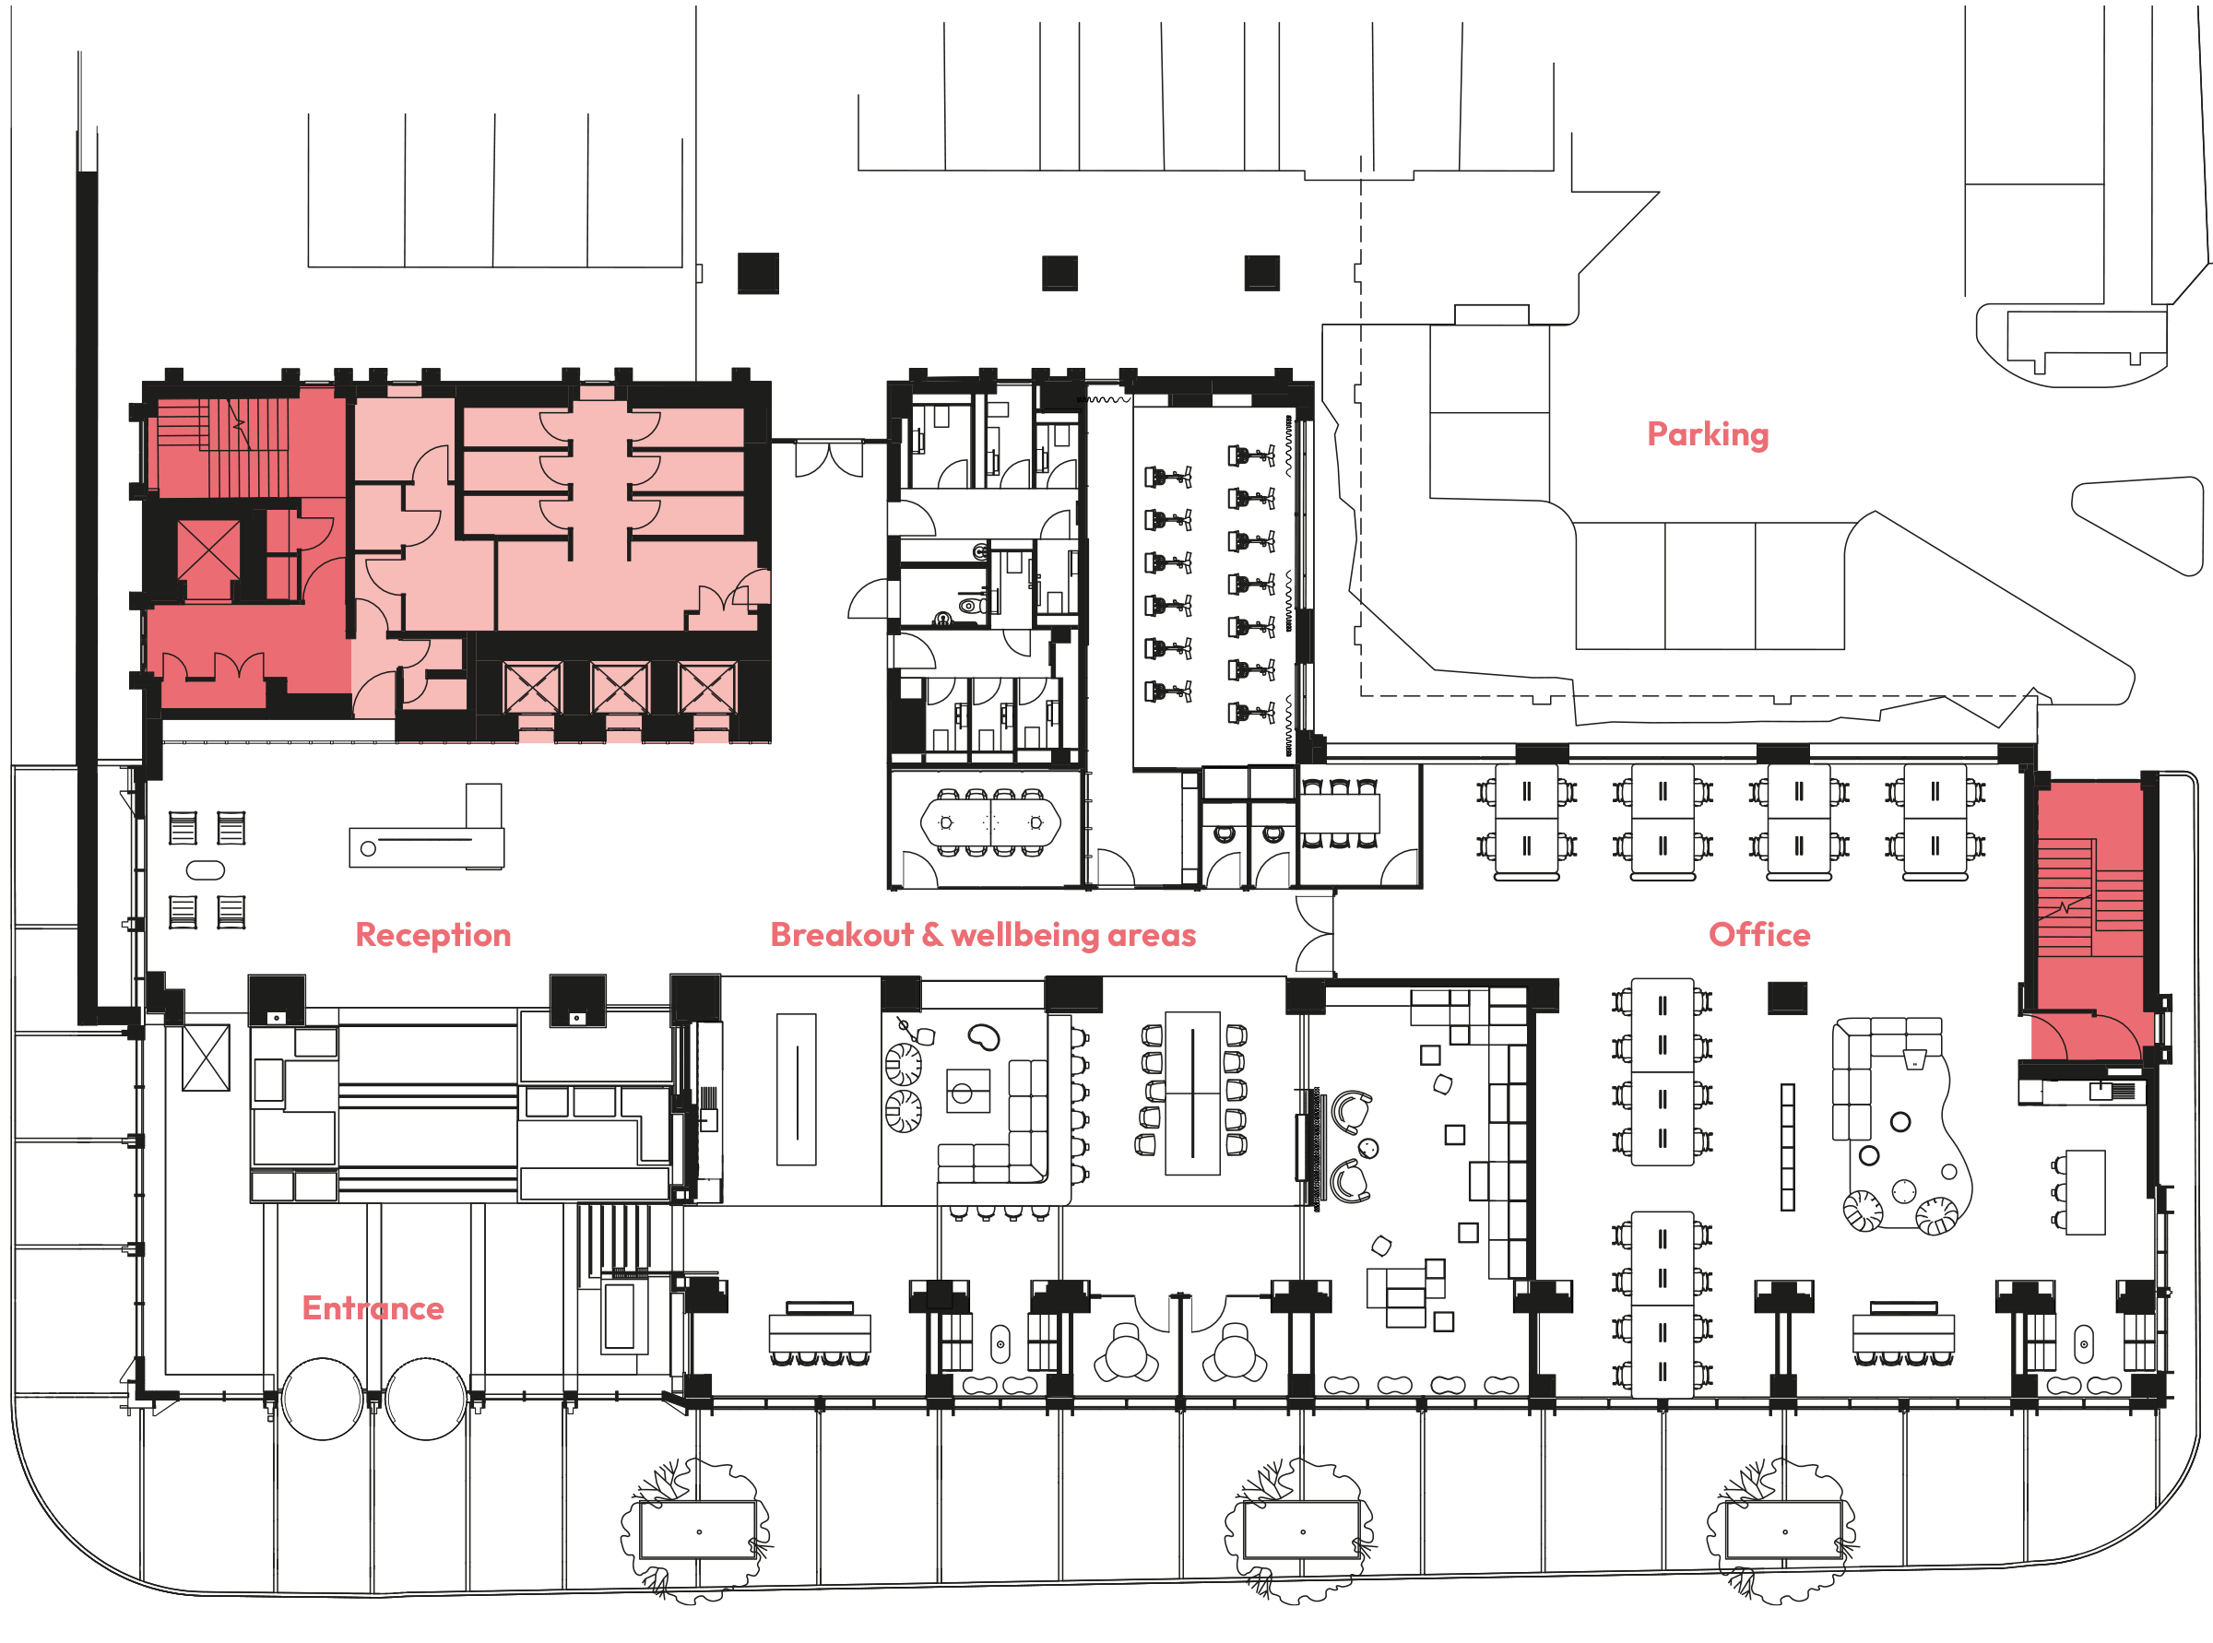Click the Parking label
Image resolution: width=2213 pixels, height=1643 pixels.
pyautogui.click(x=1707, y=434)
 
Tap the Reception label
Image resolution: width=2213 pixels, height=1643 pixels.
pyautogui.click(x=432, y=935)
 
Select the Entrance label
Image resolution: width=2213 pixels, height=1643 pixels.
pyautogui.click(x=372, y=1307)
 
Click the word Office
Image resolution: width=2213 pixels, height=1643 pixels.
pyautogui.click(x=1758, y=935)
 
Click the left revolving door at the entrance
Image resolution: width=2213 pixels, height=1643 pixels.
pyautogui.click(x=321, y=1399)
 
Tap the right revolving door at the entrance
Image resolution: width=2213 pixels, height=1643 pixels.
pyautogui.click(x=426, y=1399)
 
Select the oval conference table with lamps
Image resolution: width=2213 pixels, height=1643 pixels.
pyautogui.click(x=989, y=822)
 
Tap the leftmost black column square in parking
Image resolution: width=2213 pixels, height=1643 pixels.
pyautogui.click(x=758, y=274)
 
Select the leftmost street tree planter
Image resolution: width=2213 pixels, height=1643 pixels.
pyautogui.click(x=697, y=1530)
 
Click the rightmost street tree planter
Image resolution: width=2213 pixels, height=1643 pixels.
pyautogui.click(x=1783, y=1530)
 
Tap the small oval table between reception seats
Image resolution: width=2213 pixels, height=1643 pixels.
pyautogui.click(x=206, y=870)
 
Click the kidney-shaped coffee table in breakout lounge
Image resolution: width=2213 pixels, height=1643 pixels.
pyautogui.click(x=984, y=1037)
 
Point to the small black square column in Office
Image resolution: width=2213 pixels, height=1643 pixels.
pyautogui.click(x=1786, y=997)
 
